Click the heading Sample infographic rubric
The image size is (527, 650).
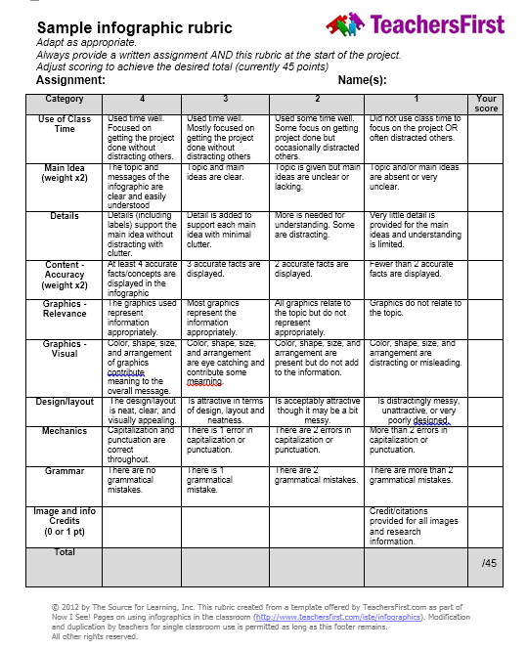point(135,28)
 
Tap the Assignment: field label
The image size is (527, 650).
point(70,80)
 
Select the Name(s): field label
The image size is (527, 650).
point(362,80)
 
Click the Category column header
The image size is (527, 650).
point(65,99)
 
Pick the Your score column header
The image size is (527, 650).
point(486,104)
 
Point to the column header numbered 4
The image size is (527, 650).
point(142,99)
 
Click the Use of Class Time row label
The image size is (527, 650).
point(65,124)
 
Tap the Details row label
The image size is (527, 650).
point(65,216)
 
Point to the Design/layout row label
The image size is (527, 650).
point(65,402)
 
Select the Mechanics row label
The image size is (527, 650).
point(65,431)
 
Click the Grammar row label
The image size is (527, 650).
point(65,471)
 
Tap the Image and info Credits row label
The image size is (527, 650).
point(65,521)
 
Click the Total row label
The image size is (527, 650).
point(65,552)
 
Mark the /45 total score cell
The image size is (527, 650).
point(489,563)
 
